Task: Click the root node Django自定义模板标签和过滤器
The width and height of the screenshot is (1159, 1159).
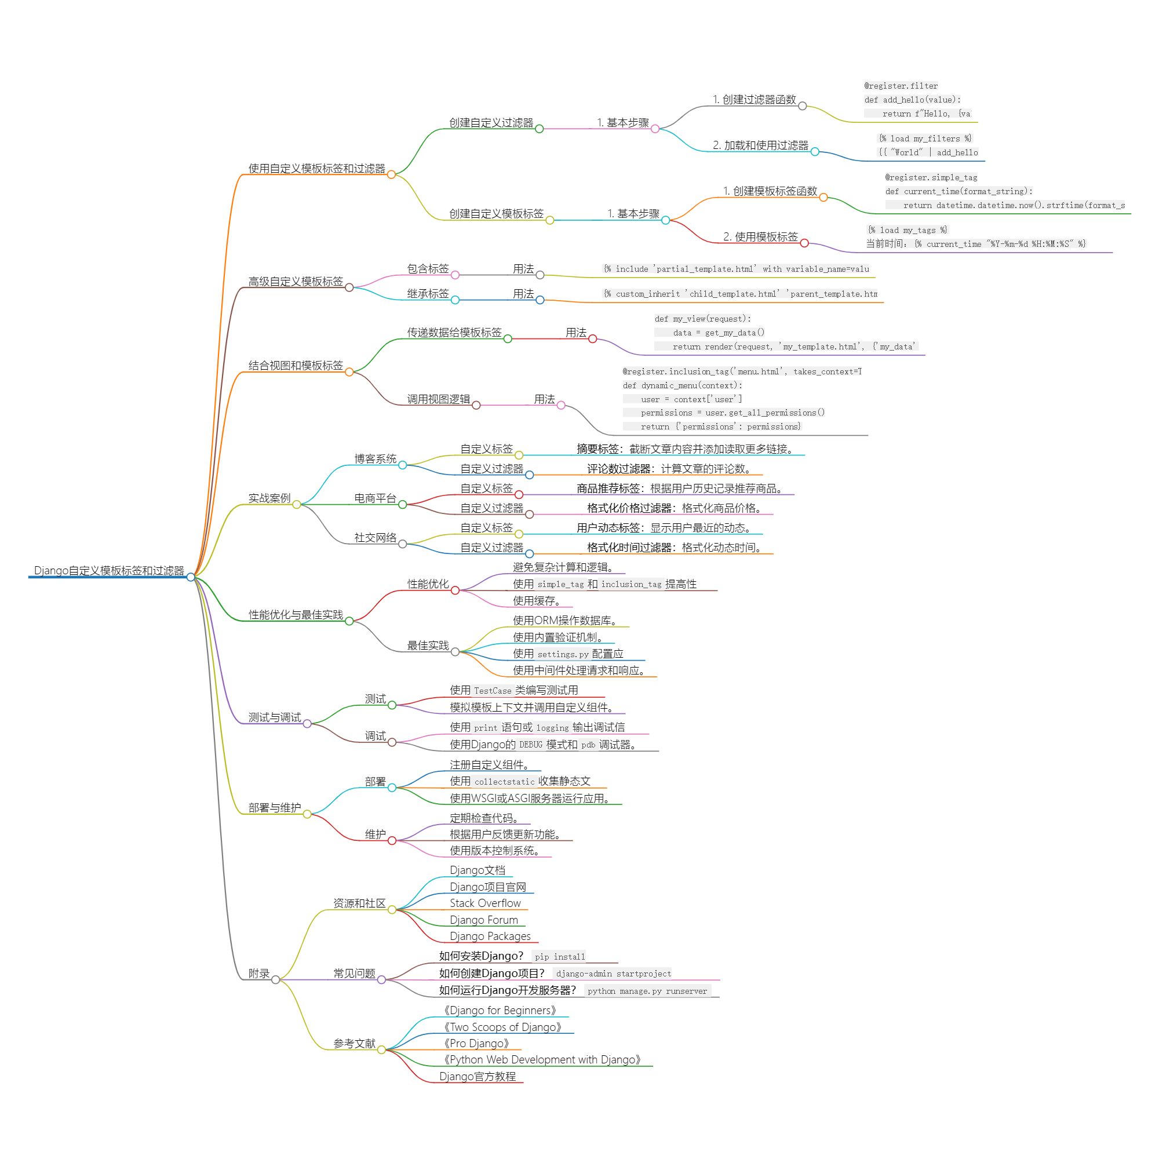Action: pyautogui.click(x=108, y=570)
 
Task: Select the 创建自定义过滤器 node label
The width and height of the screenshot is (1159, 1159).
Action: pyautogui.click(x=491, y=123)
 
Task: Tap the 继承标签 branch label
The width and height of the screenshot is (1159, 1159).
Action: pyautogui.click(x=428, y=294)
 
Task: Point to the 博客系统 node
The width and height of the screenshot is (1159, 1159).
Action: pyautogui.click(x=375, y=459)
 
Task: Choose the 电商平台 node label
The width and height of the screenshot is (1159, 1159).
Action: pyautogui.click(x=375, y=498)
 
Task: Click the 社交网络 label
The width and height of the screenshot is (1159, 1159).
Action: pyautogui.click(x=375, y=538)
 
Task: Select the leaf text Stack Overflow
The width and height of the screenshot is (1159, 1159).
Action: pyautogui.click(x=485, y=903)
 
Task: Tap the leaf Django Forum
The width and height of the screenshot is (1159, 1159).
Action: pyautogui.click(x=483, y=920)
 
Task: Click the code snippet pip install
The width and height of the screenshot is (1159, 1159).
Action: pyautogui.click(x=560, y=957)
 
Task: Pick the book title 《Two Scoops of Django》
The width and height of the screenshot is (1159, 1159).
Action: pyautogui.click(x=502, y=1027)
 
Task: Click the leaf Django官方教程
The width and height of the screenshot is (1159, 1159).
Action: pyautogui.click(x=478, y=1077)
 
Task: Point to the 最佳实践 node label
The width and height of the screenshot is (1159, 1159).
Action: pyautogui.click(x=428, y=646)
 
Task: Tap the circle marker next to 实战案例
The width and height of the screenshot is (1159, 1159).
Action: pyautogui.click(x=296, y=505)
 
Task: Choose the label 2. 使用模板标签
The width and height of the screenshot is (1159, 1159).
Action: pyautogui.click(x=761, y=237)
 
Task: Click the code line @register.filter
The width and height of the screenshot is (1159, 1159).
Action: pyautogui.click(x=901, y=86)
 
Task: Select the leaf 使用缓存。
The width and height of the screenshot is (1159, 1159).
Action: pyautogui.click(x=536, y=601)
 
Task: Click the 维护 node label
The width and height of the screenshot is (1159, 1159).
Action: pyautogui.click(x=375, y=834)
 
